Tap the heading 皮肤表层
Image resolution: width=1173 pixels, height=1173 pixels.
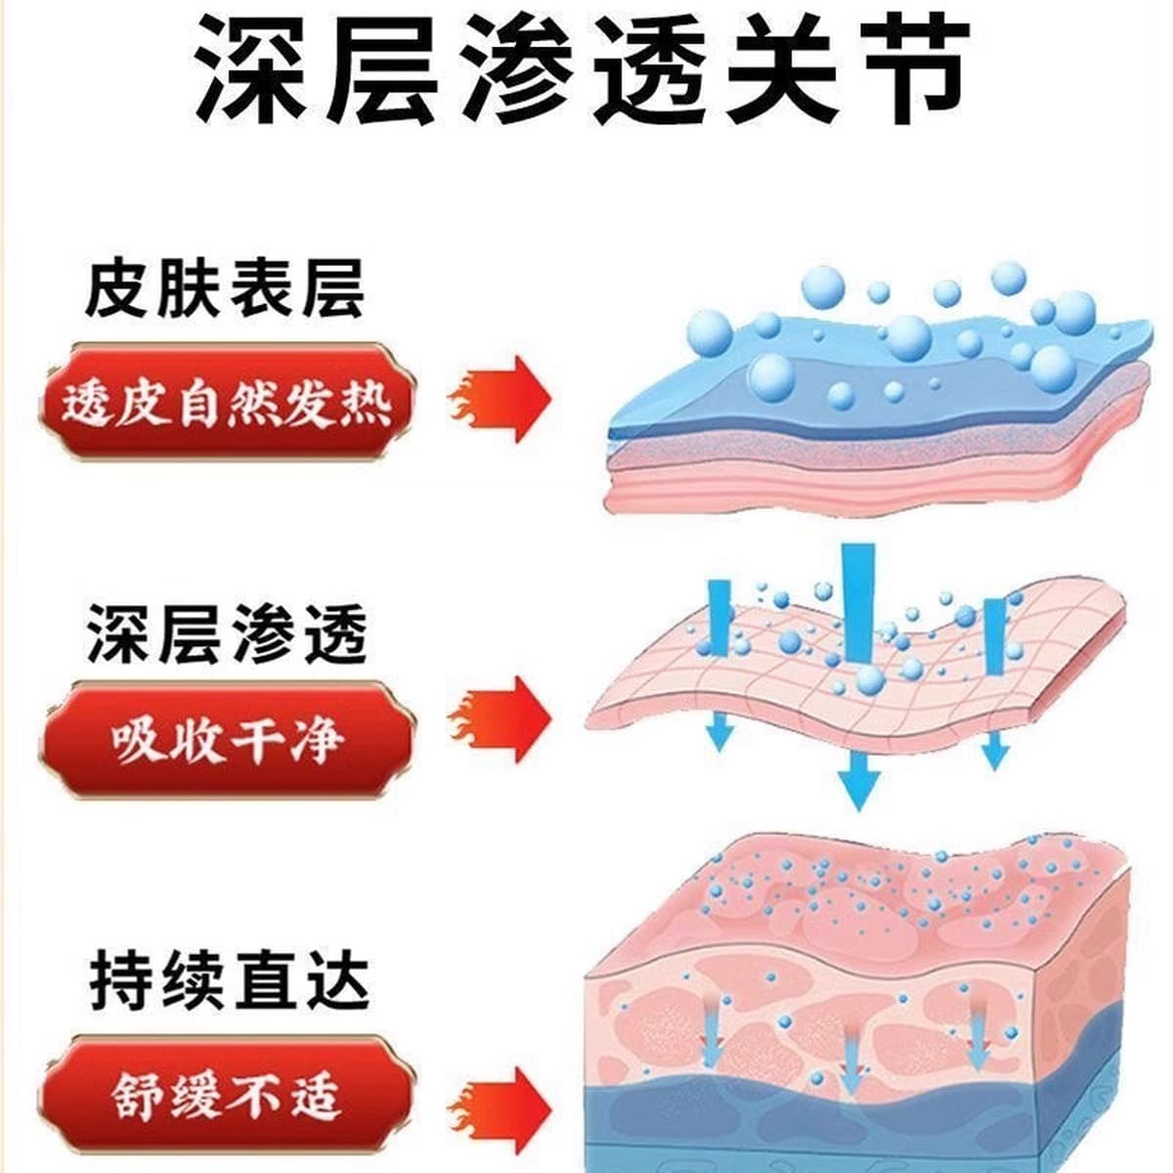coord(225,289)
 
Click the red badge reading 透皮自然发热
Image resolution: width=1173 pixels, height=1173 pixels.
coord(229,403)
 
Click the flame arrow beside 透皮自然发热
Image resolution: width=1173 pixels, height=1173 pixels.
coord(500,400)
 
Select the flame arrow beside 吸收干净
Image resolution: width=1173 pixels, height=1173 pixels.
coord(500,720)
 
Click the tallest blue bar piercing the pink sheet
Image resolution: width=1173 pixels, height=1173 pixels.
coord(858,603)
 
